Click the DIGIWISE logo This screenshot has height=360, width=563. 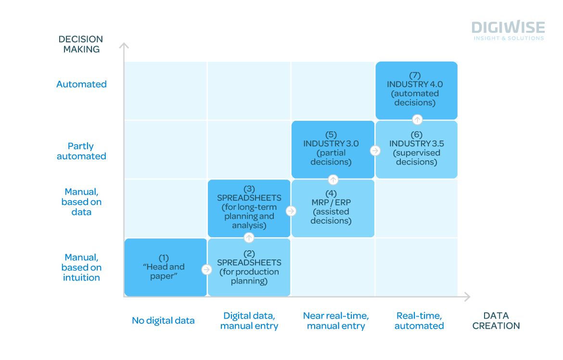pyautogui.click(x=508, y=30)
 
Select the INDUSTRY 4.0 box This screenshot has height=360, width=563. pyautogui.click(x=417, y=90)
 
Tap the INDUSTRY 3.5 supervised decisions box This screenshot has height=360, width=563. pyautogui.click(x=417, y=150)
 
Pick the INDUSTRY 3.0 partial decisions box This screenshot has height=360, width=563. pyautogui.click(x=333, y=150)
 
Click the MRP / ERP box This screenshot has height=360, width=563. pyautogui.click(x=333, y=208)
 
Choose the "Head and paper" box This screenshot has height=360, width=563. pyautogui.click(x=166, y=267)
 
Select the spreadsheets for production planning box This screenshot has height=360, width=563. pyautogui.click(x=249, y=267)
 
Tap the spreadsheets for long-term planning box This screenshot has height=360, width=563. pyautogui.click(x=249, y=208)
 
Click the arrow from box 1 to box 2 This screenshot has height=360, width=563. pyautogui.click(x=206, y=270)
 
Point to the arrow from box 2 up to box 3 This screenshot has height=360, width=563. pyautogui.click(x=249, y=237)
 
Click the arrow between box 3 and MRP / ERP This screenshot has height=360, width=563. pyautogui.click(x=291, y=211)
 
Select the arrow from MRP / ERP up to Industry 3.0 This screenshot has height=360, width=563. pyautogui.click(x=333, y=179)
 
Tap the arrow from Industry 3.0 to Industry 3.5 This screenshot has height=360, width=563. pyautogui.click(x=375, y=151)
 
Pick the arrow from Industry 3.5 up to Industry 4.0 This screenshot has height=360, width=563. pyautogui.click(x=417, y=119)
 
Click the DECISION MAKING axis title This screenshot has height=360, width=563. pyautogui.click(x=81, y=44)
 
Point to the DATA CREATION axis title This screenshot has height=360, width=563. pyautogui.click(x=496, y=321)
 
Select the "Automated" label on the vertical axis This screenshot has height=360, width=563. pyautogui.click(x=81, y=84)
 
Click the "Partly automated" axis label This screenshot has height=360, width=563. pyautogui.click(x=81, y=151)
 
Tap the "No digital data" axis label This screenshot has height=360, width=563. pyautogui.click(x=164, y=321)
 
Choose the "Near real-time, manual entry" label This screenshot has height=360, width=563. pyautogui.click(x=336, y=321)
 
